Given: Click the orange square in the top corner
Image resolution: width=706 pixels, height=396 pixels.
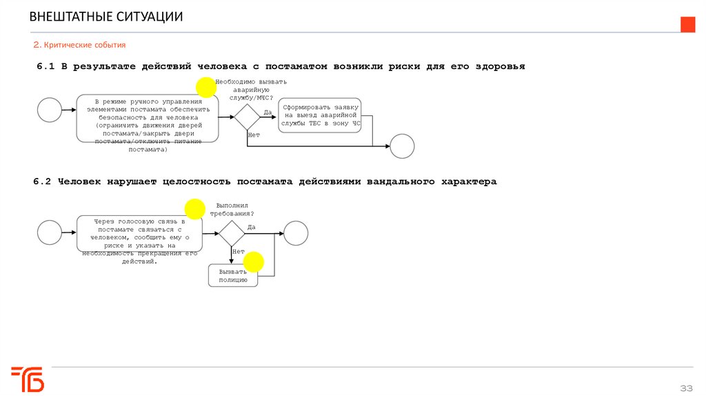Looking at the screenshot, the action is click(x=687, y=25).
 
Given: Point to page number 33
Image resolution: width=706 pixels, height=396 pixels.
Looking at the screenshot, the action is click(x=686, y=386).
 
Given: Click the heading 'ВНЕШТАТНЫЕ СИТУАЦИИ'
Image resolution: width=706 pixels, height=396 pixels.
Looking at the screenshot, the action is click(x=106, y=17).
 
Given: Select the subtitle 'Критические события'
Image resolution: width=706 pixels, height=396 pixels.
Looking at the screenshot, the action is click(x=84, y=45).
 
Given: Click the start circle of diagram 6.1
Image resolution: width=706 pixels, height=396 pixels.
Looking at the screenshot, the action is click(x=50, y=110).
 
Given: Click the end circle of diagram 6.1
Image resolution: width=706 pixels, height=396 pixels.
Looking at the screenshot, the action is click(x=402, y=146).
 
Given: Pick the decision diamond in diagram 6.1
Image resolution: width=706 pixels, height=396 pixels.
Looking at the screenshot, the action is click(x=247, y=117).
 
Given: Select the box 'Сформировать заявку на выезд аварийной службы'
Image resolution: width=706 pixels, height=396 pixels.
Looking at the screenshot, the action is click(x=320, y=116).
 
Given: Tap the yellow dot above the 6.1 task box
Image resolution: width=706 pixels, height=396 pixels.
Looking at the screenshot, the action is click(x=205, y=87).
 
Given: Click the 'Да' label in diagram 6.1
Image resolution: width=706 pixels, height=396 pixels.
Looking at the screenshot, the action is click(x=268, y=111).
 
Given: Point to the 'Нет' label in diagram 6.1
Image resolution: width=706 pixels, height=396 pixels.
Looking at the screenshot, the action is click(x=254, y=135).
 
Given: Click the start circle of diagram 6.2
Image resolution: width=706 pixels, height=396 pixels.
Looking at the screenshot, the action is click(x=50, y=232).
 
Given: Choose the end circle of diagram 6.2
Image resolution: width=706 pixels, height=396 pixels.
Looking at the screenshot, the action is click(x=296, y=233).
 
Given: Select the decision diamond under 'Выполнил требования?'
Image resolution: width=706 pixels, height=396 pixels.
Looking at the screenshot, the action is click(x=232, y=233).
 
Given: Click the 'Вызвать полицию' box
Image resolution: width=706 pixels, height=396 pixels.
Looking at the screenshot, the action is click(x=233, y=276).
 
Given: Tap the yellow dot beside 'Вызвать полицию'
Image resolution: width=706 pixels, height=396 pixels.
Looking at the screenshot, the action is click(x=254, y=261).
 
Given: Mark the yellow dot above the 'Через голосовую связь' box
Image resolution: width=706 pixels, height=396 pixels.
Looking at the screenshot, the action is click(x=194, y=208).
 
